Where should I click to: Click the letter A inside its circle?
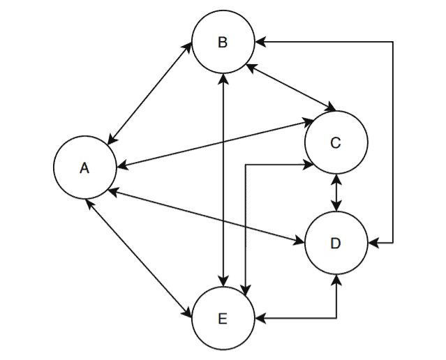click(84, 168)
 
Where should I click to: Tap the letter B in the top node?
click(223, 43)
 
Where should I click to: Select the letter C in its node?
click(335, 143)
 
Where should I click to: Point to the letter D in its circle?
click(335, 243)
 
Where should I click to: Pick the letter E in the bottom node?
click(223, 319)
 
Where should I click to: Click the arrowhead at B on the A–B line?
click(191, 45)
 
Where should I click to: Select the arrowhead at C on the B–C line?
click(331, 109)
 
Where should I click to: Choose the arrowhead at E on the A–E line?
click(191, 315)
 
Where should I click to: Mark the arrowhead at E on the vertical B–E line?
click(223, 283)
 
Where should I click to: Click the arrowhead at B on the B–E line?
click(223, 77)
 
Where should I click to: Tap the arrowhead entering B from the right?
click(259, 43)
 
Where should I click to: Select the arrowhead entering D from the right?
click(372, 243)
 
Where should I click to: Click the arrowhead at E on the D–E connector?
click(259, 319)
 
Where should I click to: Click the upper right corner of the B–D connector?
click(393, 43)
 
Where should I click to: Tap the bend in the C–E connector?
click(245, 165)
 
